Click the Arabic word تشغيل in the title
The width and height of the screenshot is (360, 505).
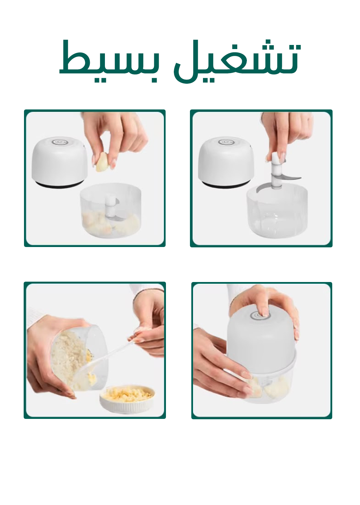[237, 61]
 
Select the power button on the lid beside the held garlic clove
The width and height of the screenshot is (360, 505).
[59, 142]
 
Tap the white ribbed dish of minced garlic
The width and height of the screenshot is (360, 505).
[128, 399]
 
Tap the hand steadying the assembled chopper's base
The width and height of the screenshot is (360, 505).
[223, 367]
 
